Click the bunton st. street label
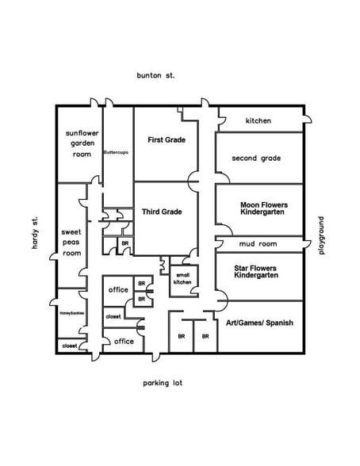(156, 75)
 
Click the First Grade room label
(167, 139)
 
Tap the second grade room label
(256, 159)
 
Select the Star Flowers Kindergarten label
(256, 271)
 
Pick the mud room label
(256, 244)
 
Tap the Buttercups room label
(117, 151)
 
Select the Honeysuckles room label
(71, 313)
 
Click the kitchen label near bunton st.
(258, 120)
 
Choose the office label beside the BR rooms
(118, 290)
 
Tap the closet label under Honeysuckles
(70, 346)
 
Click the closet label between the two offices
(113, 316)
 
